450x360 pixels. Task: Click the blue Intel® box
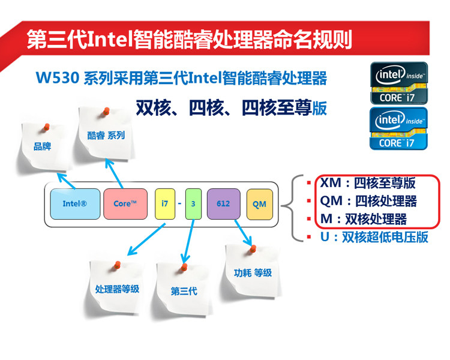(x=74, y=203)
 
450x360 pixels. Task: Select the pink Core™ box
(x=125, y=203)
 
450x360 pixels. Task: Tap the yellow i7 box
(x=164, y=203)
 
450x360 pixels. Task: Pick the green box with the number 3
(x=193, y=203)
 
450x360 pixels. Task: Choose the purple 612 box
(x=223, y=203)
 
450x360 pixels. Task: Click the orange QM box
(x=259, y=203)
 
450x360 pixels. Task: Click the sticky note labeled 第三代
(x=184, y=291)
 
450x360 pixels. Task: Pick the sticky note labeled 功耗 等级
(x=252, y=273)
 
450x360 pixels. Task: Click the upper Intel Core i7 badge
(x=398, y=83)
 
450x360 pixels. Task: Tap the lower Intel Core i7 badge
(x=398, y=128)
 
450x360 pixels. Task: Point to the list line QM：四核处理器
(x=367, y=201)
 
